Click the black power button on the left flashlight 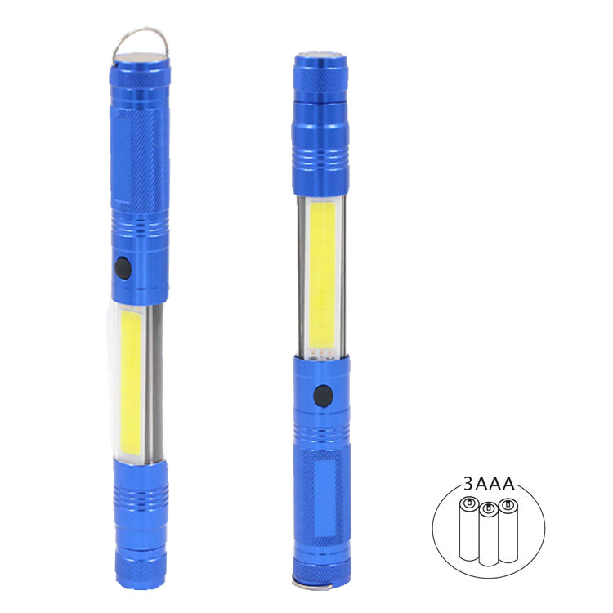pos(123,268)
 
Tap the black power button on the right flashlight pos(324,396)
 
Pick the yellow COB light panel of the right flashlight pos(323,275)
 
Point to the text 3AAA pos(489,484)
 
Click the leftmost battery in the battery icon pos(469,528)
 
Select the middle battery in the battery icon pos(489,534)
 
